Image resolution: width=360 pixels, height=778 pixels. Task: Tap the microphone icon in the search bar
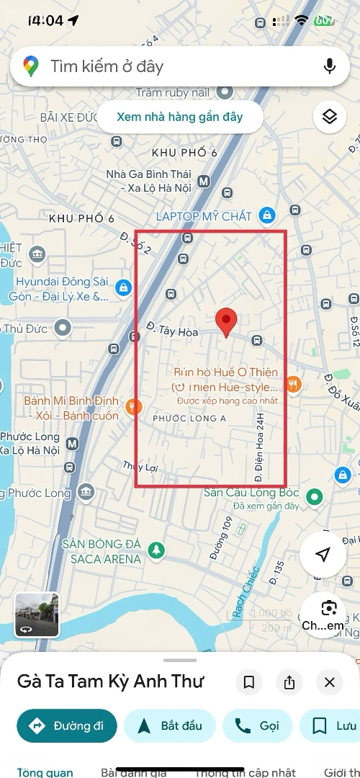click(x=330, y=66)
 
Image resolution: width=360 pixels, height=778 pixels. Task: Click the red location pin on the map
click(x=227, y=321)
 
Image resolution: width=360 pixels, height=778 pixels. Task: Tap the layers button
click(x=329, y=117)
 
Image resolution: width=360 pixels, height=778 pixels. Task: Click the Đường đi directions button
click(x=67, y=725)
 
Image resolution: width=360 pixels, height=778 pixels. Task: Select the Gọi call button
click(x=257, y=725)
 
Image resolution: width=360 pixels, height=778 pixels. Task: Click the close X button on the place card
click(x=329, y=682)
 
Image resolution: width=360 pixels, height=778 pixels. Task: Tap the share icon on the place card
click(x=289, y=682)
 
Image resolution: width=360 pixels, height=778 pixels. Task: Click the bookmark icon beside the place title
click(x=249, y=682)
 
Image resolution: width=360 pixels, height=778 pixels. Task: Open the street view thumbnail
click(x=37, y=614)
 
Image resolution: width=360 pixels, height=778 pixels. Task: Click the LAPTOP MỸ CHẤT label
click(x=204, y=216)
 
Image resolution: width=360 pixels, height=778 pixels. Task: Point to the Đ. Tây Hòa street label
click(x=172, y=329)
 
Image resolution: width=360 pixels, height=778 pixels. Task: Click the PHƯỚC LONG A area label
click(x=189, y=419)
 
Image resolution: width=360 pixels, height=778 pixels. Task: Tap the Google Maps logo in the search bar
click(x=30, y=67)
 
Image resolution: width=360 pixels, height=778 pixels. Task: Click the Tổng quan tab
click(x=45, y=772)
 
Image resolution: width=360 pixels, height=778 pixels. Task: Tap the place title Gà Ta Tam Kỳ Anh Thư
click(x=111, y=681)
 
